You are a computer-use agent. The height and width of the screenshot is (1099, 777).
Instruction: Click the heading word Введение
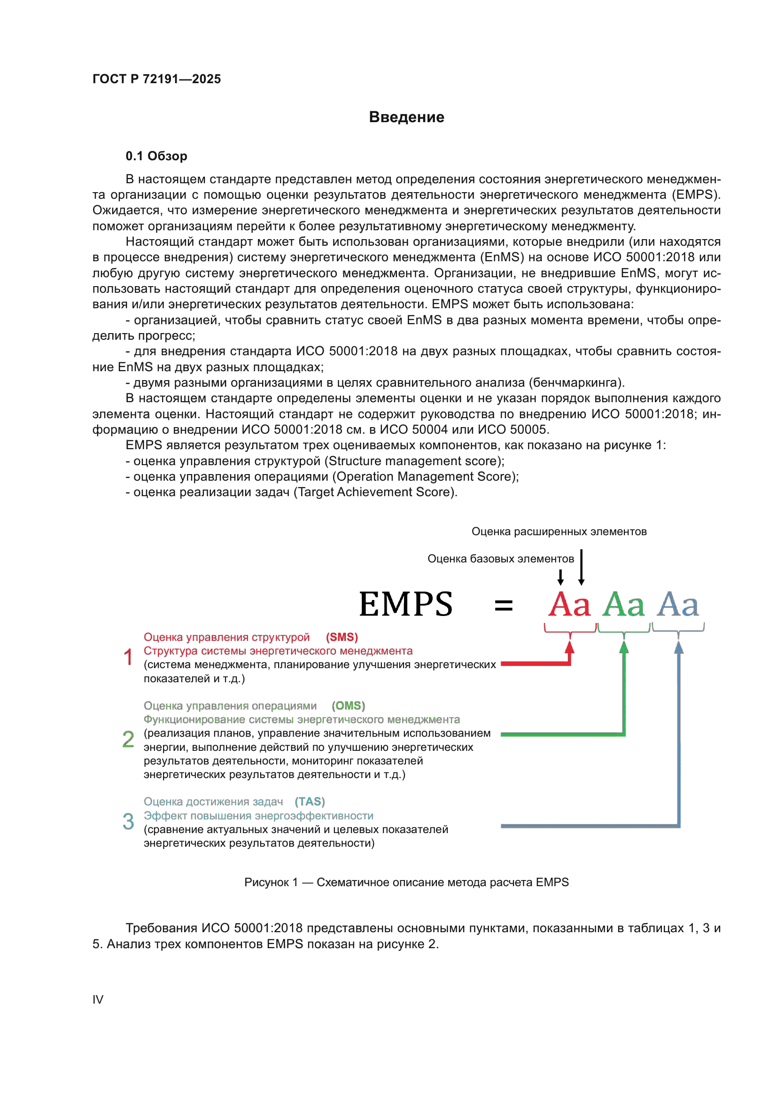406,117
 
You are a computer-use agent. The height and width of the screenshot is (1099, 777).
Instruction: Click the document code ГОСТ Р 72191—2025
156,79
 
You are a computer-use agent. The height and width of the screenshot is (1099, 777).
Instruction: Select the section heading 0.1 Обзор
156,156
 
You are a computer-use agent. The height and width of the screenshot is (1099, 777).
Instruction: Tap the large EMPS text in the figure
406,604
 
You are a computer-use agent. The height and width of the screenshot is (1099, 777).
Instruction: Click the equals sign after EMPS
503,606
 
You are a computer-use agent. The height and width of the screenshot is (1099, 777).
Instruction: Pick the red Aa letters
569,605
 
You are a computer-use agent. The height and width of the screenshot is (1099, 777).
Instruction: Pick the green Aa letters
623,605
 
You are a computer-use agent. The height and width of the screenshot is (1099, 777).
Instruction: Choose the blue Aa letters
678,605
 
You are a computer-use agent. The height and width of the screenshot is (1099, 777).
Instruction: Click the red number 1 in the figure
128,657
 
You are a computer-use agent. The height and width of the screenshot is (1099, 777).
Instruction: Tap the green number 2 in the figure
128,739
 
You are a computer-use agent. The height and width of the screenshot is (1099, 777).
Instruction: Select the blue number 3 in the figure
128,821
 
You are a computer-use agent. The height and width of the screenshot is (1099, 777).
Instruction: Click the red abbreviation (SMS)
342,637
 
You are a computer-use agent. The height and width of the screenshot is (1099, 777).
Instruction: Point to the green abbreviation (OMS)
348,706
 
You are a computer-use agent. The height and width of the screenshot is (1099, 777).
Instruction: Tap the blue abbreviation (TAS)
310,801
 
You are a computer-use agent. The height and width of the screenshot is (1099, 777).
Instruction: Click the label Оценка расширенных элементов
559,531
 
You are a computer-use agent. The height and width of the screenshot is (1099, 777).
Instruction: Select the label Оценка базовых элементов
500,559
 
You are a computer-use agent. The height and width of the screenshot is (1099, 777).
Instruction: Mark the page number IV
98,999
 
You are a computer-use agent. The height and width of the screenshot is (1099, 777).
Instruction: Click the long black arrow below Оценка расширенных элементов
581,567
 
